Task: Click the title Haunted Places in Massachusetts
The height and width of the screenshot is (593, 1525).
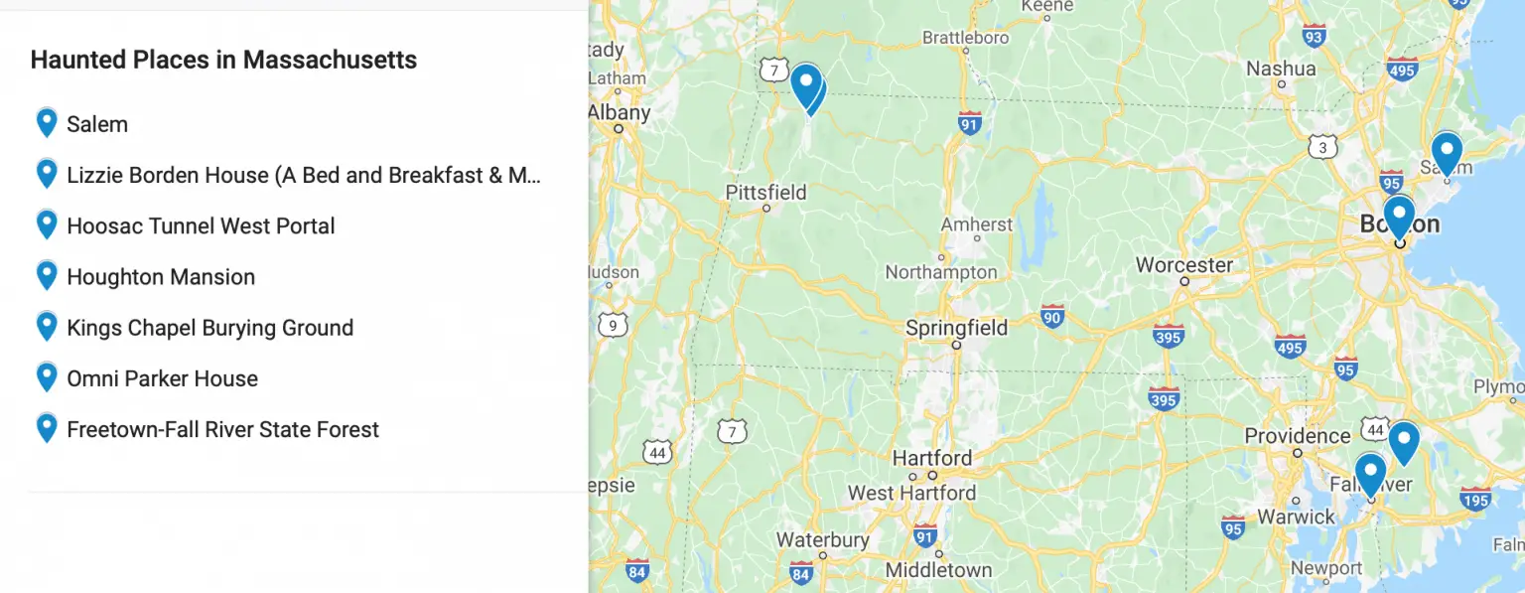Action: click(223, 60)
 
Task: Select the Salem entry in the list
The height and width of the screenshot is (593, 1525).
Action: click(97, 124)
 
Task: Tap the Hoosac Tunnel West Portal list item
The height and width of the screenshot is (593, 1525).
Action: click(201, 225)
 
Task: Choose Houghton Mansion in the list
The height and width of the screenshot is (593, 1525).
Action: click(161, 277)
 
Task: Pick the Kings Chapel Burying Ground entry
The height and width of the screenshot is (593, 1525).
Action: click(209, 328)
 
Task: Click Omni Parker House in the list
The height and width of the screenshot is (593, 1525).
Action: click(162, 378)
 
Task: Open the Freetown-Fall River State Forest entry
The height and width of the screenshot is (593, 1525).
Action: click(222, 429)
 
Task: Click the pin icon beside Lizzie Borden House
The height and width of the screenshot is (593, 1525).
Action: click(46, 174)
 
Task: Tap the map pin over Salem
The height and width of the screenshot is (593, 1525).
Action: click(1447, 152)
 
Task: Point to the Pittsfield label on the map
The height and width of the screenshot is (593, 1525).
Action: click(765, 192)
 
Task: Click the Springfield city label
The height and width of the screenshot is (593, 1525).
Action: click(956, 328)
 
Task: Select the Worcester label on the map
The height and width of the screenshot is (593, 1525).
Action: click(1183, 265)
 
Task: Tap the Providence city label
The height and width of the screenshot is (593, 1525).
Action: click(1298, 436)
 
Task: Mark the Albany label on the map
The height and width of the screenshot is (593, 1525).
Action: click(620, 112)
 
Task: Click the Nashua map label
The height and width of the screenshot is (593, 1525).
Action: click(1281, 69)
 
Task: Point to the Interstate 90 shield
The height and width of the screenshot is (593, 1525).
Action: click(1053, 317)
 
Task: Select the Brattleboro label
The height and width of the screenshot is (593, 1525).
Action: click(965, 38)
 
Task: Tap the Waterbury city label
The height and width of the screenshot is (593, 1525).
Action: click(823, 540)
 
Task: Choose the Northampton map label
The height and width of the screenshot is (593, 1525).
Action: click(941, 272)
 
